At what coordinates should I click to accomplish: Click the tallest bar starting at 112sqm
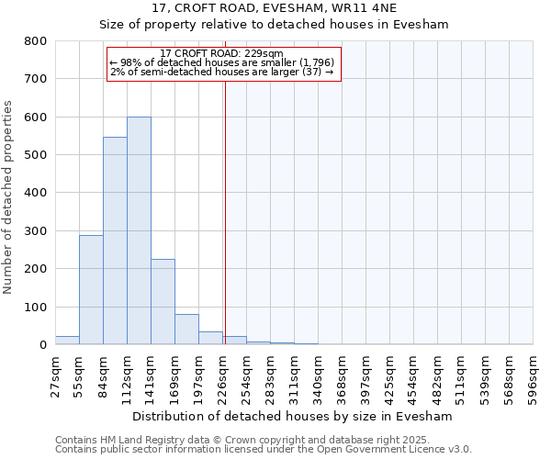[x=139, y=230]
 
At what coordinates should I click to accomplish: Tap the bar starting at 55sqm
[x=91, y=289]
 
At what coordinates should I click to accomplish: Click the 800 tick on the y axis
[x=34, y=41]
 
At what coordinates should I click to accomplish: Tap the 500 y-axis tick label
[x=34, y=155]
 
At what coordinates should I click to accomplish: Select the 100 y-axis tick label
[x=34, y=307]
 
